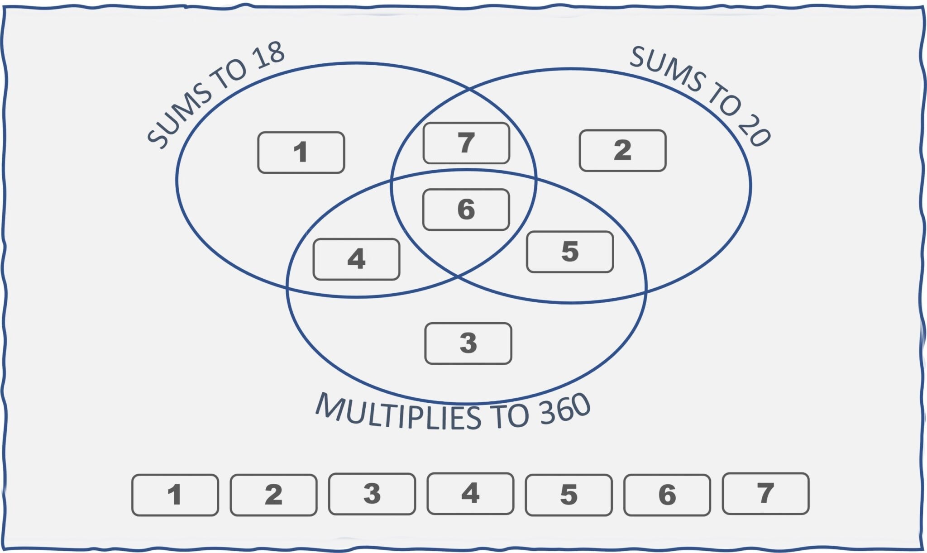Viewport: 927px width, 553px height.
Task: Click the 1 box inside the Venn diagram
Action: point(301,153)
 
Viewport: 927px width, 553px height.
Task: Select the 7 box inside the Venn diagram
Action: point(466,143)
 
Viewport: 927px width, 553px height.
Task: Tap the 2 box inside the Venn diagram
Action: point(622,151)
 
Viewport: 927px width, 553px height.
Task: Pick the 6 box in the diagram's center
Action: point(466,210)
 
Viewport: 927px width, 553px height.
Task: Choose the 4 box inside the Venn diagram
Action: point(356,259)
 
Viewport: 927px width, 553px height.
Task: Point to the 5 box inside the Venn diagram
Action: point(570,252)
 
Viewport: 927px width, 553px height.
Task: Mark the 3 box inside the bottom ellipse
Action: point(468,343)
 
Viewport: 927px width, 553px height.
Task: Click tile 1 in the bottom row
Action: point(175,495)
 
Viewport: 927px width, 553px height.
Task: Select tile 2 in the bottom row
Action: point(273,495)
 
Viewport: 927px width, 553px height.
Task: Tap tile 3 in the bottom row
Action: point(372,494)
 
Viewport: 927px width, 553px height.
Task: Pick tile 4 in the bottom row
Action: point(470,494)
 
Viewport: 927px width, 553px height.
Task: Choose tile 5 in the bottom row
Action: point(569,495)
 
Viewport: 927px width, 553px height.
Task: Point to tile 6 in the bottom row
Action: point(667,495)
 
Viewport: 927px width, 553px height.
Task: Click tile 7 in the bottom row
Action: point(765,494)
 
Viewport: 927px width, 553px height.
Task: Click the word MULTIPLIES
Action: point(398,412)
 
